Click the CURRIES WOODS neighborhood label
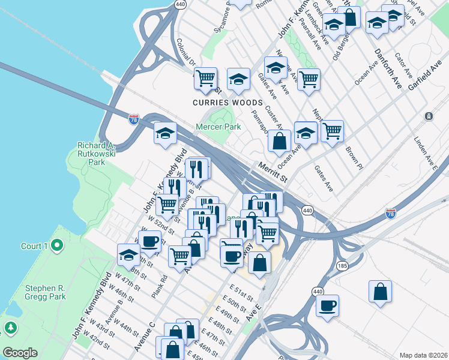pyautogui.click(x=224, y=103)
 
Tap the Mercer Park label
pyautogui.click(x=218, y=127)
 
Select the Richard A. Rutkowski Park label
pyautogui.click(x=100, y=153)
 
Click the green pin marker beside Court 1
pyautogui.click(x=57, y=245)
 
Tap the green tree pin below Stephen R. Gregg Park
pyautogui.click(x=10, y=328)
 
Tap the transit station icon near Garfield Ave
pyautogui.click(x=429, y=116)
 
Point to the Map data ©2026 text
pyautogui.click(x=423, y=355)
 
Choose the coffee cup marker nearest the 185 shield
pyautogui.click(x=327, y=305)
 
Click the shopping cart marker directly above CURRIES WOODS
pyautogui.click(x=206, y=78)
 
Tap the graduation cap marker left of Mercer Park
pyautogui.click(x=164, y=134)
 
